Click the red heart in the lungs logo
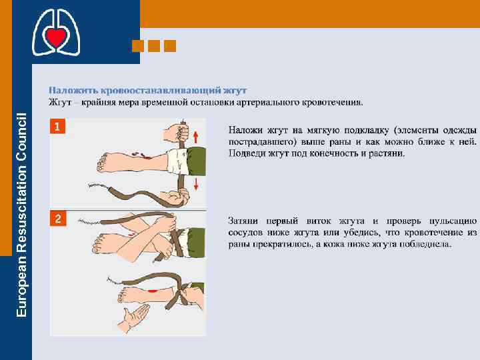click(56, 37)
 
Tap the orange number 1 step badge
click(57, 126)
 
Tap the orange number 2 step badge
click(58, 219)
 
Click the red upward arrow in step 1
click(196, 137)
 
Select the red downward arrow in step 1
click(196, 184)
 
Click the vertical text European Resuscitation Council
click(21, 215)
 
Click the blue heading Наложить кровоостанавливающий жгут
click(147, 91)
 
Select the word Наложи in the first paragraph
click(245, 130)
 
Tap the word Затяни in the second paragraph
click(243, 221)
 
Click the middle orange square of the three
click(154, 46)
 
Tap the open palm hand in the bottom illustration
click(133, 319)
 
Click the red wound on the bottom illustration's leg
click(152, 291)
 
